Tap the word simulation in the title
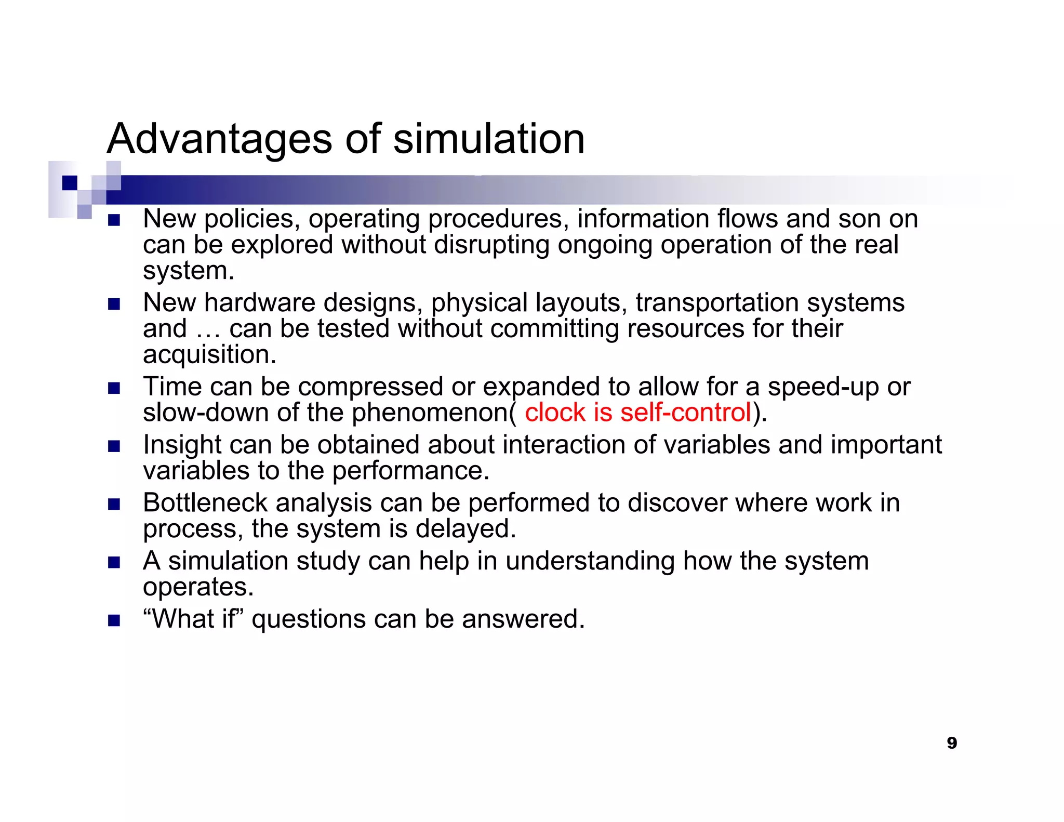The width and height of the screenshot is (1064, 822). (489, 139)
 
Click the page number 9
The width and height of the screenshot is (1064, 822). (952, 743)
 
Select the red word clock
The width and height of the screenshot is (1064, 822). (555, 413)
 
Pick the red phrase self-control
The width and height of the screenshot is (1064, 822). (686, 413)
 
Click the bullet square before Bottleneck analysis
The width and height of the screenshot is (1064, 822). (114, 504)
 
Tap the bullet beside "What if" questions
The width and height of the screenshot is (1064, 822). (114, 620)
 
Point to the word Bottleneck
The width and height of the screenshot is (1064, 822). (206, 503)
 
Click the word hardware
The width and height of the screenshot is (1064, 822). (260, 303)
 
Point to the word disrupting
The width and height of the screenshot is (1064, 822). (491, 245)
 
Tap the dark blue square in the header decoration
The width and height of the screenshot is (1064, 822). (70, 183)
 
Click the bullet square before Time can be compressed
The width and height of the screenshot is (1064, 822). (114, 388)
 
